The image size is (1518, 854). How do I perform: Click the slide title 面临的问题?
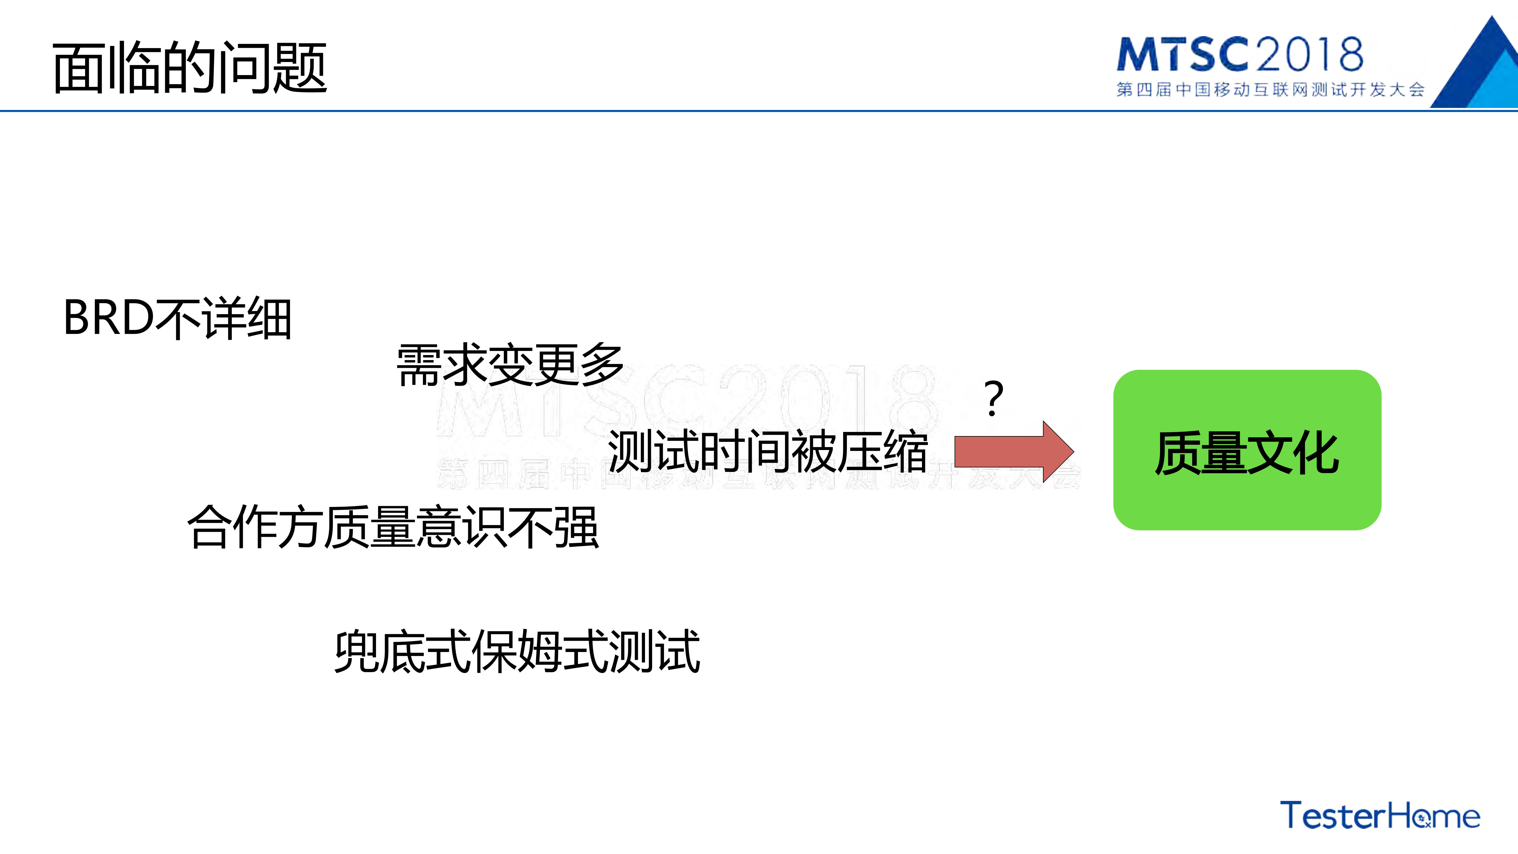(x=190, y=68)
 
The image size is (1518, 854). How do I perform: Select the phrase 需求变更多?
(x=510, y=365)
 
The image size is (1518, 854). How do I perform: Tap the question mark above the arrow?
(x=993, y=399)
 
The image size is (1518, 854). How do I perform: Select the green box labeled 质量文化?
(x=1247, y=450)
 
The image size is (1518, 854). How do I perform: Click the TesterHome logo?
(x=1380, y=816)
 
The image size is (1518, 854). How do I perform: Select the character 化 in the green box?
(x=1316, y=453)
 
